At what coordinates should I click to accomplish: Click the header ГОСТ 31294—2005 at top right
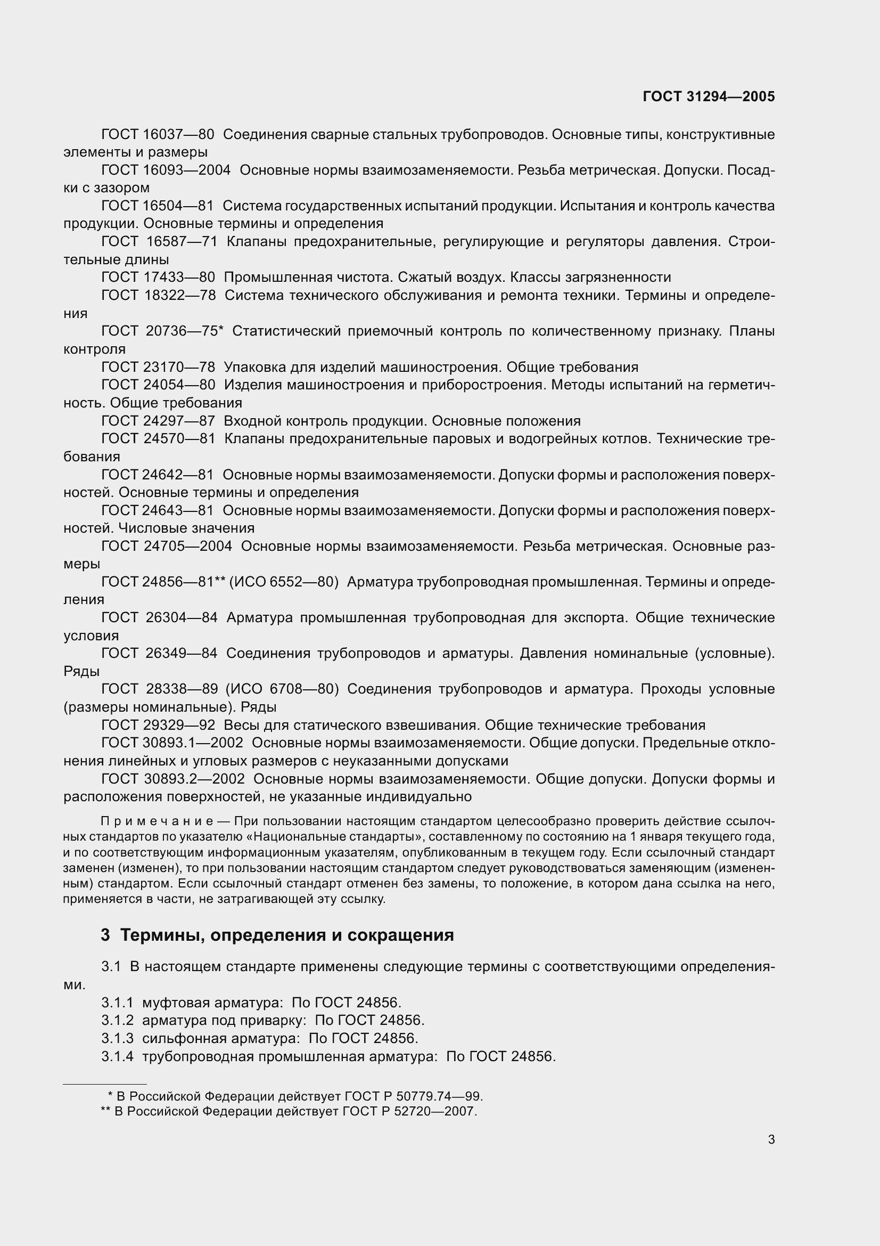click(x=708, y=96)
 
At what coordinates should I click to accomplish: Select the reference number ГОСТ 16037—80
click(x=157, y=134)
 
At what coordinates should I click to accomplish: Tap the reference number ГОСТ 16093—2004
click(x=166, y=170)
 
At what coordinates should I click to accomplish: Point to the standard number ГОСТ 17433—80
click(x=158, y=278)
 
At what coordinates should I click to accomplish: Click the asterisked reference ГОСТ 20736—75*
click(x=162, y=331)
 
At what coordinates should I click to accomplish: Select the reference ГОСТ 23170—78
click(x=158, y=367)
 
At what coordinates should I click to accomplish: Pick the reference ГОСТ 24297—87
click(x=158, y=421)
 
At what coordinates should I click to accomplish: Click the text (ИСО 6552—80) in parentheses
click(x=284, y=582)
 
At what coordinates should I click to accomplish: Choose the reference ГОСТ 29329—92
click(x=158, y=725)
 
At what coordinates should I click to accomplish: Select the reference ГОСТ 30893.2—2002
click(x=172, y=779)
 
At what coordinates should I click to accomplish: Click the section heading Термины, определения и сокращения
click(x=287, y=934)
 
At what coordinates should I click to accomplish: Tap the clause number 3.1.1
click(x=117, y=1003)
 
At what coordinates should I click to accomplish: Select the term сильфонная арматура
click(x=221, y=1038)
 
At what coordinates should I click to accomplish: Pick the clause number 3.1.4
click(x=117, y=1056)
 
